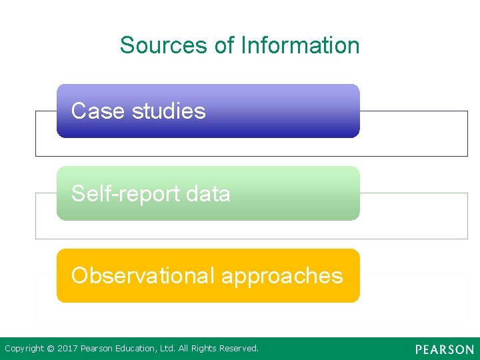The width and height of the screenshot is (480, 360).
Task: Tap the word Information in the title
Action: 300,45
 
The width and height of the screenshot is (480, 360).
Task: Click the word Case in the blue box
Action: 98,111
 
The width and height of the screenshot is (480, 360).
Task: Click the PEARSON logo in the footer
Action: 445,349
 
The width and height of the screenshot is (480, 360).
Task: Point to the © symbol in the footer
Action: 51,349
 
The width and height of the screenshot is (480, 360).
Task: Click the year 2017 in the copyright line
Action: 67,349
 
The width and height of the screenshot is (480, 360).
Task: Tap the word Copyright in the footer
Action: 25,349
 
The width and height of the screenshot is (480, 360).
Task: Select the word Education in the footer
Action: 136,349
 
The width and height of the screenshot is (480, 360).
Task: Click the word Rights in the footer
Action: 203,349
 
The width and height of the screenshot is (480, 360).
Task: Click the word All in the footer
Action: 185,349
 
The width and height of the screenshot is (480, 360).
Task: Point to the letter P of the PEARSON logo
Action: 419,349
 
